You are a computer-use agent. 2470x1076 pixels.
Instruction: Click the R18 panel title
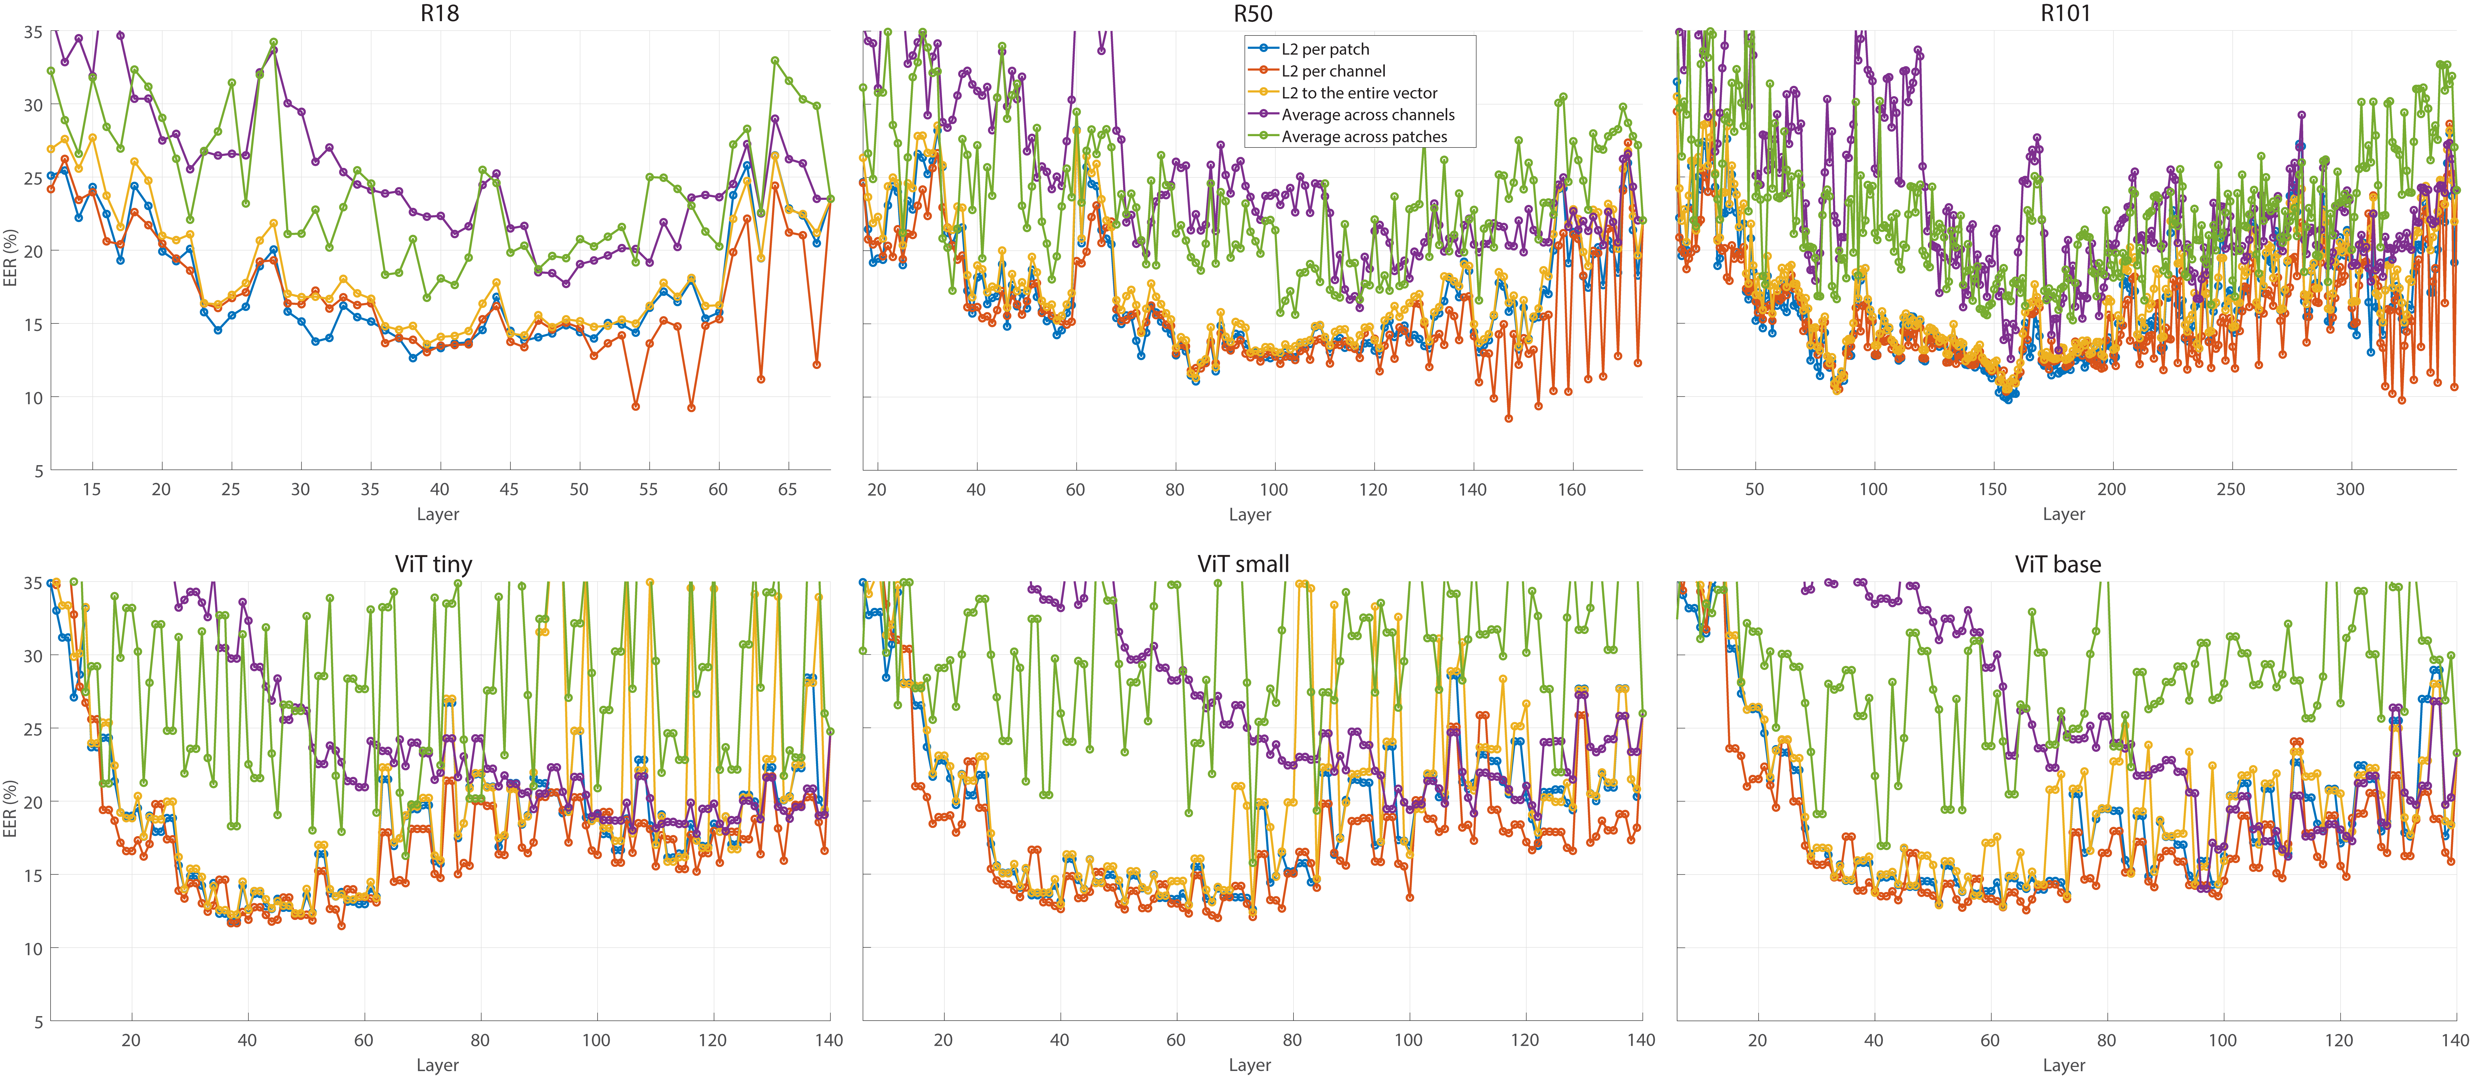(x=439, y=13)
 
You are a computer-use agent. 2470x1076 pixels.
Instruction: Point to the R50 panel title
(x=1252, y=13)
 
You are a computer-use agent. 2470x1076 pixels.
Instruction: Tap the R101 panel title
(x=2064, y=13)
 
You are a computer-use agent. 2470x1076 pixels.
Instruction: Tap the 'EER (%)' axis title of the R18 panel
(x=10, y=257)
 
